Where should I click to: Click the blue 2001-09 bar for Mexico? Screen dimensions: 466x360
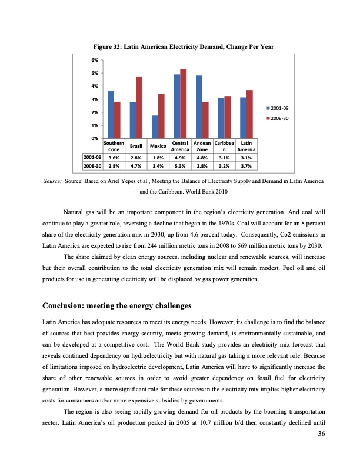tap(155, 127)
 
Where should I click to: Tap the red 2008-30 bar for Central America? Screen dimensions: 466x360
tap(184, 104)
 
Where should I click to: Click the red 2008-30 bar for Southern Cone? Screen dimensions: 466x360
tap(117, 120)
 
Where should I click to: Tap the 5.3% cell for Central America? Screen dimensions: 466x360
tap(180, 167)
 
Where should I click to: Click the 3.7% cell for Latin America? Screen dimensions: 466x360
tap(246, 167)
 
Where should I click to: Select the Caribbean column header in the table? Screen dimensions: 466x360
tap(224, 147)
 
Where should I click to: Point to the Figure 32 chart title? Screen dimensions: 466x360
tap(179, 46)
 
